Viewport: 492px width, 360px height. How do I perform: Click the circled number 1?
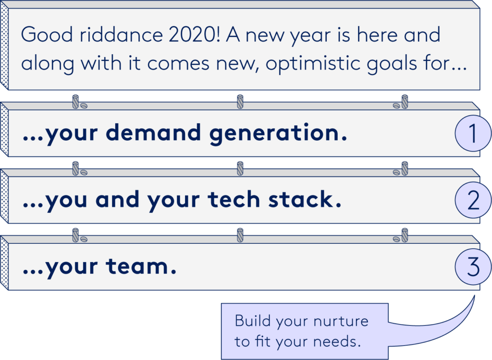(473, 134)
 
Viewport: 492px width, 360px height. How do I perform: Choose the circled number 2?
(473, 201)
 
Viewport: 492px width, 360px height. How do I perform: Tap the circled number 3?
(473, 267)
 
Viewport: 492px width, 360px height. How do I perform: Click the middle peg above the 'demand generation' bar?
(240, 102)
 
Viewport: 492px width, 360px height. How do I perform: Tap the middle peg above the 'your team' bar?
(240, 235)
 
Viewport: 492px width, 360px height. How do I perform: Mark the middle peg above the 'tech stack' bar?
(240, 168)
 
